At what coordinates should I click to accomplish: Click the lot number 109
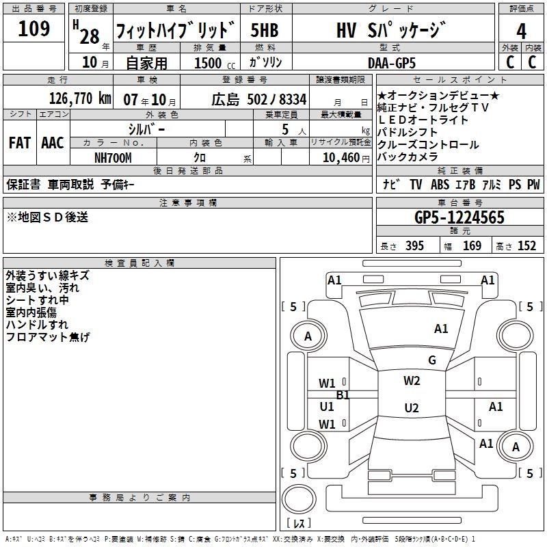(34, 29)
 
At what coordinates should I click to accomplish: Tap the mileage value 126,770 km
(80, 98)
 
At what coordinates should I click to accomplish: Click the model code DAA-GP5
(391, 62)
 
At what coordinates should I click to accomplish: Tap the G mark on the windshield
(431, 360)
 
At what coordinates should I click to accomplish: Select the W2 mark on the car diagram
(411, 381)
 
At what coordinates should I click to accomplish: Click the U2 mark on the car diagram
(411, 408)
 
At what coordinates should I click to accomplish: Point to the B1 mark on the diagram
(343, 395)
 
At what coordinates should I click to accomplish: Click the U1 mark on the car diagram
(327, 406)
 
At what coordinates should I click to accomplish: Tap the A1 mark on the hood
(441, 329)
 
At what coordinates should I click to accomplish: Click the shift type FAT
(19, 143)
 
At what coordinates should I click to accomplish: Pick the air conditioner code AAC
(53, 143)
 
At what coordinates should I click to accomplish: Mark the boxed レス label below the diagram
(299, 524)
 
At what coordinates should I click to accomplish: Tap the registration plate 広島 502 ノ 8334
(258, 99)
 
